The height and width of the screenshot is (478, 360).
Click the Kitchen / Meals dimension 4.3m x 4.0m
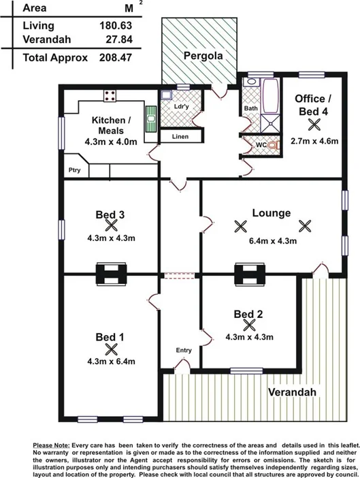tap(111, 142)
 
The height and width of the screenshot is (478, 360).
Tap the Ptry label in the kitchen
tap(74, 171)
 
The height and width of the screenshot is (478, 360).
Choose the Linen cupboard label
tap(180, 137)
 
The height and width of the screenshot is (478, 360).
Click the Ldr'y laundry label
tap(181, 107)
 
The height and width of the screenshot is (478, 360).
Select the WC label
tap(261, 146)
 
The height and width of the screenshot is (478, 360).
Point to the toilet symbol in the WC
tap(273, 146)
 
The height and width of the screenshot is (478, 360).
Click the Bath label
tap(250, 108)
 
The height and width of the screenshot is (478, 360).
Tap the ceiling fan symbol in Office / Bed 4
tap(314, 124)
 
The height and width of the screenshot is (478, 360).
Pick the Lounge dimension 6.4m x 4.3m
tap(271, 240)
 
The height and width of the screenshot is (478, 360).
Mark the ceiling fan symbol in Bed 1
tap(112, 349)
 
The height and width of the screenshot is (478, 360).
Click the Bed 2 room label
tap(248, 314)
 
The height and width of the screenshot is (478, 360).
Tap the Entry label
tap(184, 350)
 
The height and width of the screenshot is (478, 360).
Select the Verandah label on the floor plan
tap(291, 394)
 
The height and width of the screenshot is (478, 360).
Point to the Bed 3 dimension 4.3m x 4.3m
tap(111, 238)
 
